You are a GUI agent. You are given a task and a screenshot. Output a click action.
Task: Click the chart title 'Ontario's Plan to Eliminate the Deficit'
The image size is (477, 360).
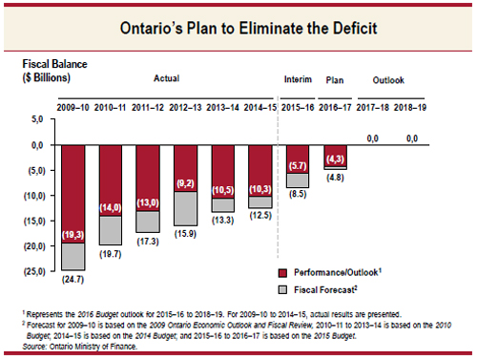click(x=238, y=29)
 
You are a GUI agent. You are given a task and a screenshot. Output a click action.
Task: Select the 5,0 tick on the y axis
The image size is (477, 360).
click(x=35, y=119)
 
